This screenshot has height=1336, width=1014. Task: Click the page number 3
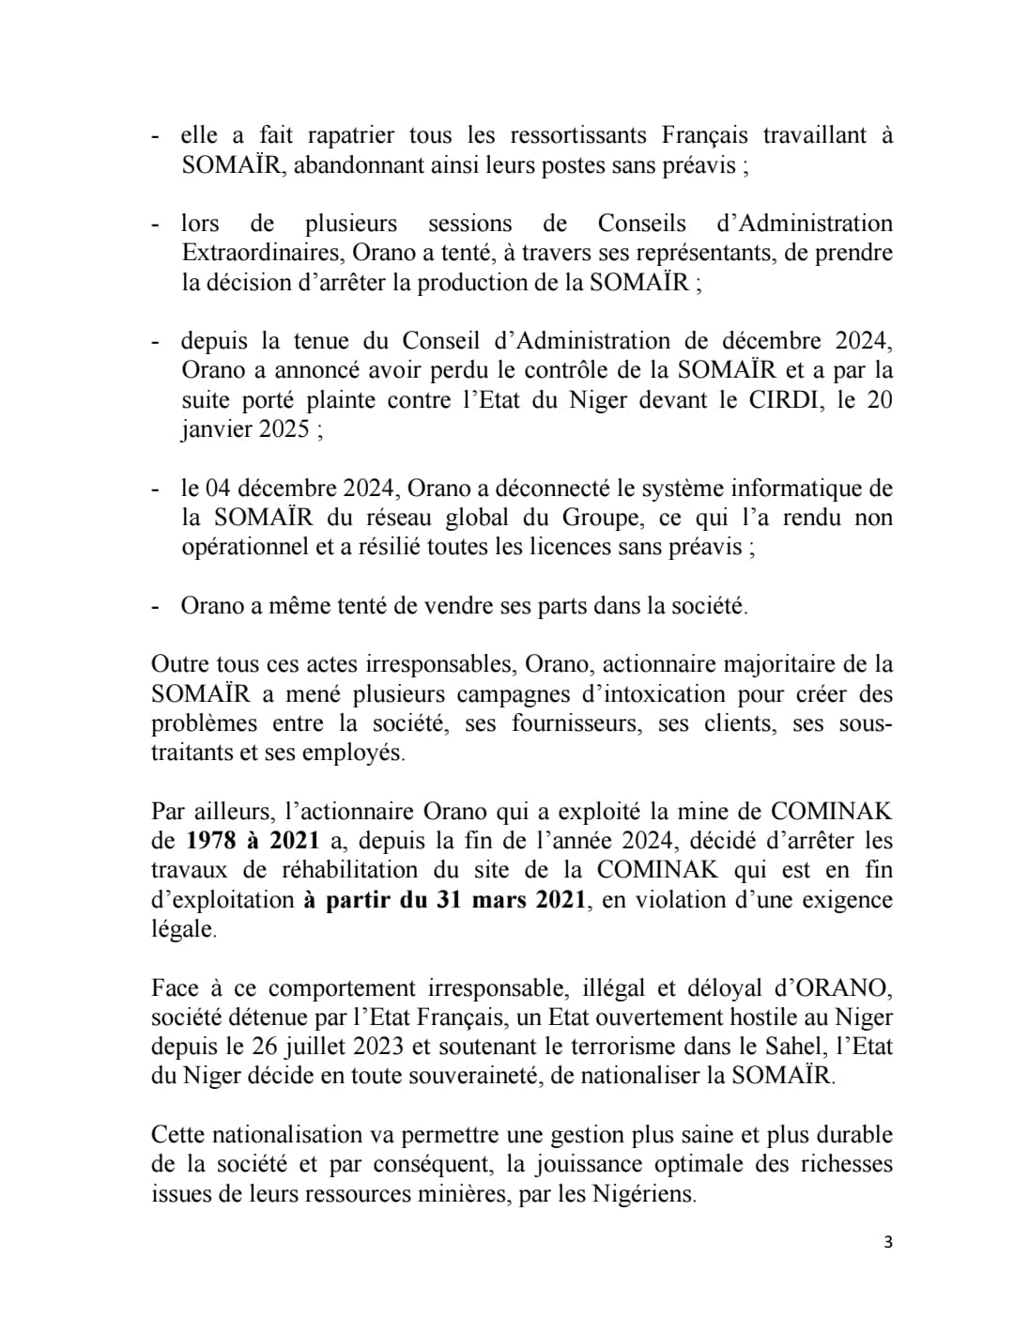[888, 1242]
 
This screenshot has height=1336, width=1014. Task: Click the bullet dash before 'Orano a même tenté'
[155, 606]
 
